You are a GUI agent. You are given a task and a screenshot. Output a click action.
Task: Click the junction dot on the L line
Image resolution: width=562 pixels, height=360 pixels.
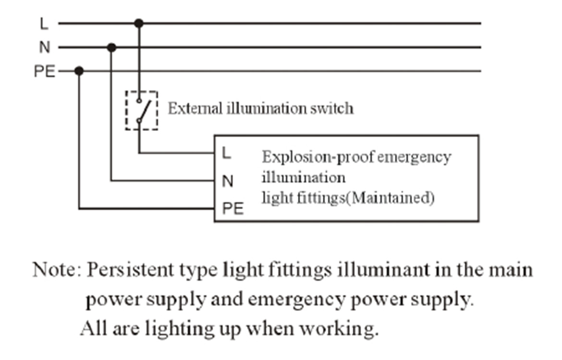tap(139, 24)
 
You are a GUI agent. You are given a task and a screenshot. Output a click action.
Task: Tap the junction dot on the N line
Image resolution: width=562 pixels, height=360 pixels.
tap(111, 48)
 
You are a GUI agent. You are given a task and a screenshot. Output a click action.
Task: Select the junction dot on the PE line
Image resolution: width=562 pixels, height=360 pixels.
tap(79, 71)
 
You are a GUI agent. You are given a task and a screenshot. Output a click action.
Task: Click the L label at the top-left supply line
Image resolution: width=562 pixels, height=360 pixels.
tap(44, 24)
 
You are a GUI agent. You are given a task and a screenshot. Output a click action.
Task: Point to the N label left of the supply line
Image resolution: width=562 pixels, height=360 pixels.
tap(45, 48)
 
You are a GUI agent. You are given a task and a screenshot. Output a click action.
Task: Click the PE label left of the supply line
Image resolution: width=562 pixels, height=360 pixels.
tap(45, 72)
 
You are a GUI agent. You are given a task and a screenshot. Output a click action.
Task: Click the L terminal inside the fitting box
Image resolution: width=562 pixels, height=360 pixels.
tap(226, 153)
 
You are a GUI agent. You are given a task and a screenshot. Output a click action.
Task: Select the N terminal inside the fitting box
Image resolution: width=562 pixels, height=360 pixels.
tap(228, 181)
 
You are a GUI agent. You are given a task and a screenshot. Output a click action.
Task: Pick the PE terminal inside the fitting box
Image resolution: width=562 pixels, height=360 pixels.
tap(233, 208)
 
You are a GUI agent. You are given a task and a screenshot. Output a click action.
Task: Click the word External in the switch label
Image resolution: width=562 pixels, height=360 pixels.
tap(195, 108)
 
